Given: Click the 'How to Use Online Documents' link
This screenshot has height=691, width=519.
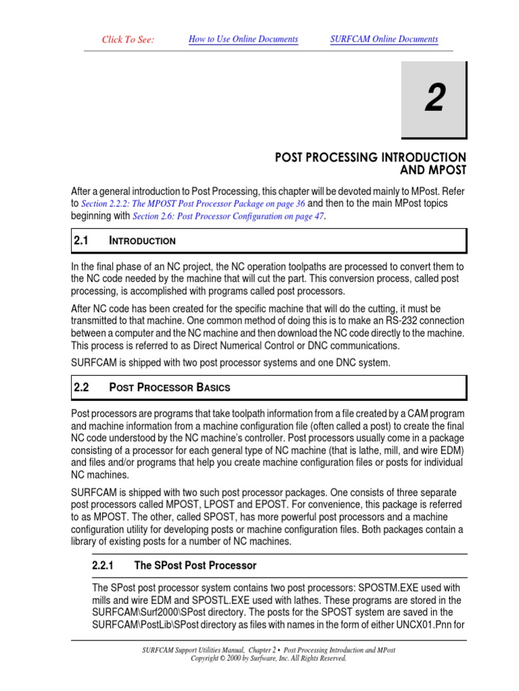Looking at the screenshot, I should coord(243,39).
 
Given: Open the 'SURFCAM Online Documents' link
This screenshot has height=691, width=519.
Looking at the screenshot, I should coord(384,39).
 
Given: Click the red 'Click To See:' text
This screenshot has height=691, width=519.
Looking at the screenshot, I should coord(128,40).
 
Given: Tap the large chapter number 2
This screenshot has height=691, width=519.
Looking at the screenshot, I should coord(435,99).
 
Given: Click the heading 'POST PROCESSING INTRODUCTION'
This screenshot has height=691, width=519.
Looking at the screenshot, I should coord(370,158).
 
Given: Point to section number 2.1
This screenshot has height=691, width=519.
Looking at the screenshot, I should coord(81,240).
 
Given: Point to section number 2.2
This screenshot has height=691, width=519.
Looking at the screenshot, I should coord(81,387).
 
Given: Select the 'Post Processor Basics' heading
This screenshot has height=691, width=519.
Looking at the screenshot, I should coord(169,388).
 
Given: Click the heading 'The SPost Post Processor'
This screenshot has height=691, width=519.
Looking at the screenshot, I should coord(195,565).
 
